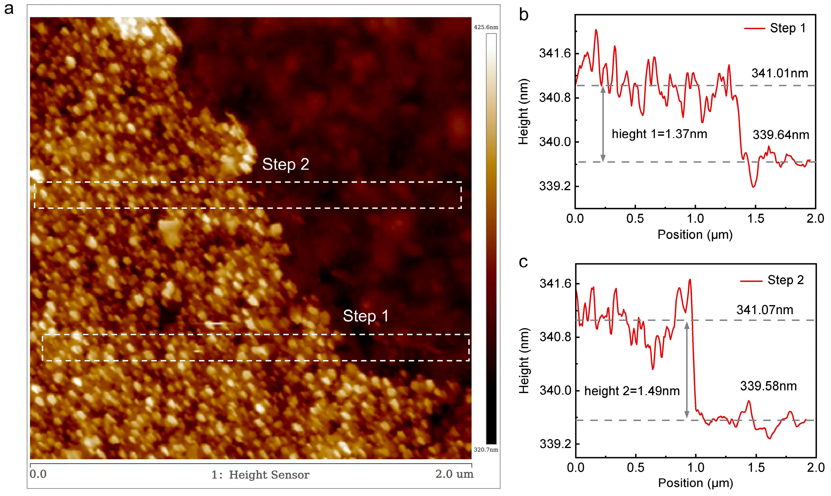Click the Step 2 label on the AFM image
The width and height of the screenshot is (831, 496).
[x=286, y=164]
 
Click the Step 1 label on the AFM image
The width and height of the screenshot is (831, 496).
[x=366, y=316]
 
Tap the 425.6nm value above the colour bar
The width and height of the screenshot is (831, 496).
[x=486, y=27]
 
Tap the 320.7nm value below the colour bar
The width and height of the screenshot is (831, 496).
[x=486, y=449]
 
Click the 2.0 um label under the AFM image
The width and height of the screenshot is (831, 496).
[x=454, y=474]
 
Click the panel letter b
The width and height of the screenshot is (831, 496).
[x=523, y=15]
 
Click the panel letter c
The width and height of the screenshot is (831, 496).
[x=523, y=262]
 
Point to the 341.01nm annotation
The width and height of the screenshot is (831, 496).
[x=779, y=73]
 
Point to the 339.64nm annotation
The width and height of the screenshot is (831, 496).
[x=781, y=135]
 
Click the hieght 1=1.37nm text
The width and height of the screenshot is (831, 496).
[x=659, y=134]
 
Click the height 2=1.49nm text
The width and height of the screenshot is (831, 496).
[x=632, y=391]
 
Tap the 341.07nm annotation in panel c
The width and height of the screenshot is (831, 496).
[x=765, y=310]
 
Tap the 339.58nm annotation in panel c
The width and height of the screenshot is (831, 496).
[x=769, y=386]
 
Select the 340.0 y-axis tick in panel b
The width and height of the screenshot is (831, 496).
[x=555, y=142]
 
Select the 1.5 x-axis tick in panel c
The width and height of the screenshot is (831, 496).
[x=756, y=467]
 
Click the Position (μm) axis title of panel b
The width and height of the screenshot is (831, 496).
[x=695, y=235]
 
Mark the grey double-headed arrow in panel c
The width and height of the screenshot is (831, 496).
[x=687, y=369]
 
